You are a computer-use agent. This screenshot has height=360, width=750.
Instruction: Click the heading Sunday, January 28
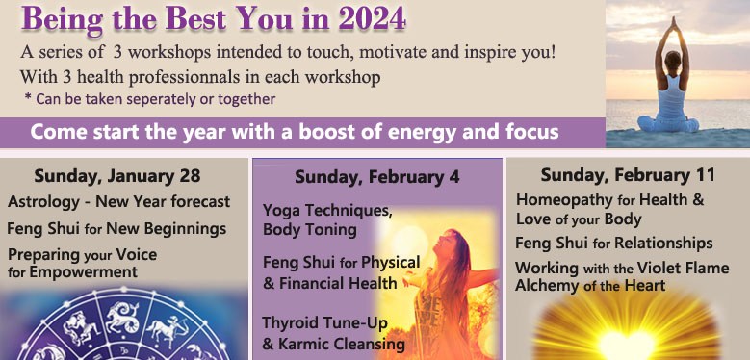117,176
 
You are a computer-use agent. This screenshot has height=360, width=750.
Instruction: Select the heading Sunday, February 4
376,177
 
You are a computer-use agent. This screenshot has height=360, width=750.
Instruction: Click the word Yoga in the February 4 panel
281,209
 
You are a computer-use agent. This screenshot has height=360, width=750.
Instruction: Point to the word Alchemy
547,285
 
